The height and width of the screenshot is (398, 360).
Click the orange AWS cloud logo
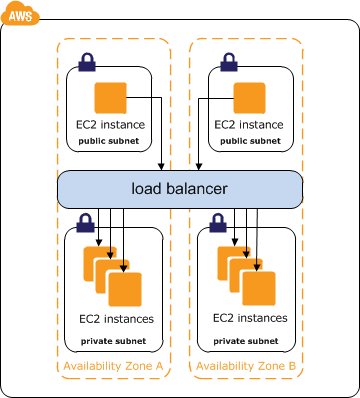20,13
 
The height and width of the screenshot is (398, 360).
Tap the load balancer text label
179,189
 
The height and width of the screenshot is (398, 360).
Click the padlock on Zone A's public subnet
87,62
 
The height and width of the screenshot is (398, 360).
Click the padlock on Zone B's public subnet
229,62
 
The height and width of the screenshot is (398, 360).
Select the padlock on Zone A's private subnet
85,223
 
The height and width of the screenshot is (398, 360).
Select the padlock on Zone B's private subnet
218,223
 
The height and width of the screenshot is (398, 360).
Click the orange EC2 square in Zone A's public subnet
111,98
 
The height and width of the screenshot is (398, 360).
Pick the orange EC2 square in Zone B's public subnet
249,98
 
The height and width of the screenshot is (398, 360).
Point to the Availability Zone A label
113,366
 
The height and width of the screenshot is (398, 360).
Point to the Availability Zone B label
246,366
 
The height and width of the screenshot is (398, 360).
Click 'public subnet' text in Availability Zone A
109,141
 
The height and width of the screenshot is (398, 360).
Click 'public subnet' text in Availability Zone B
250,141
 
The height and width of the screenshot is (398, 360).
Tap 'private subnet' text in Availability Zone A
113,341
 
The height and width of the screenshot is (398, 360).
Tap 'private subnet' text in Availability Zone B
246,341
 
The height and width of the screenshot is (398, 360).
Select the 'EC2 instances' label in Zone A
116,319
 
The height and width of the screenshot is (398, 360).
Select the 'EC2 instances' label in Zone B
250,318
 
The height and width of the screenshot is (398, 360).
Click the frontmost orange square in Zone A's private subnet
125,289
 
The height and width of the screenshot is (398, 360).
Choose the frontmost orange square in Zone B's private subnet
259,289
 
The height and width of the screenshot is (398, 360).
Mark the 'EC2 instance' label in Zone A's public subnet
111,125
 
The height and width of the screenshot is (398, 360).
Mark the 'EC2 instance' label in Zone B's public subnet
249,125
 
